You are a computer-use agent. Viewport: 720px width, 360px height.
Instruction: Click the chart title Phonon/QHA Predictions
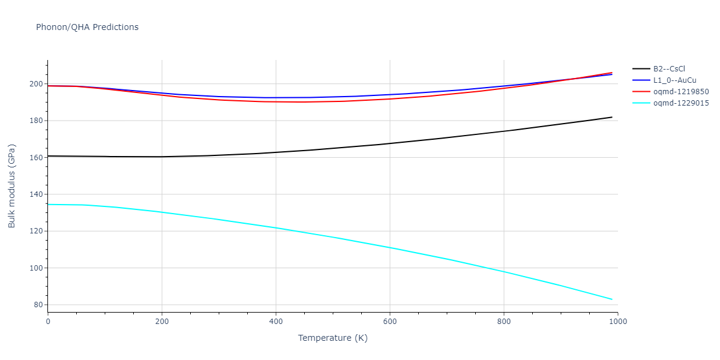coord(87,27)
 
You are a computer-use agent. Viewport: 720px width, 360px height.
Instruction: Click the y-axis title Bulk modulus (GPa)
coord(12,185)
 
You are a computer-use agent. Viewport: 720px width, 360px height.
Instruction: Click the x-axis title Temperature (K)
coord(332,338)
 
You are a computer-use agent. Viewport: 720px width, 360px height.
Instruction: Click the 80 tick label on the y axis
coord(38,305)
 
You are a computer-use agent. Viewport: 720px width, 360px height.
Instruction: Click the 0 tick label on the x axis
coord(48,322)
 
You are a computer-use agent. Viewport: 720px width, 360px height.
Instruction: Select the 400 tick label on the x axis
coord(276,322)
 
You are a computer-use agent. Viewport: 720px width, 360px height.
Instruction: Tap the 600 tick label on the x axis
coord(390,322)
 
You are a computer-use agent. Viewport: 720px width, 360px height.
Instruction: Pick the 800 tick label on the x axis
coord(504,322)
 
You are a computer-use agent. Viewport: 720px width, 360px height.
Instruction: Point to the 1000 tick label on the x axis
coord(618,322)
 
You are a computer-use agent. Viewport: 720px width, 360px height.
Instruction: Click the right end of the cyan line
coord(612,299)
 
